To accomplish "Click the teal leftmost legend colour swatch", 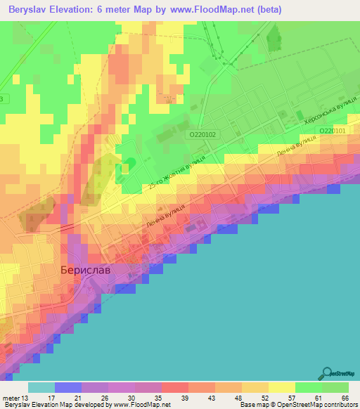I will point(41,388).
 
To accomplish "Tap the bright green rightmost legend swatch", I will point(335,388).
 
